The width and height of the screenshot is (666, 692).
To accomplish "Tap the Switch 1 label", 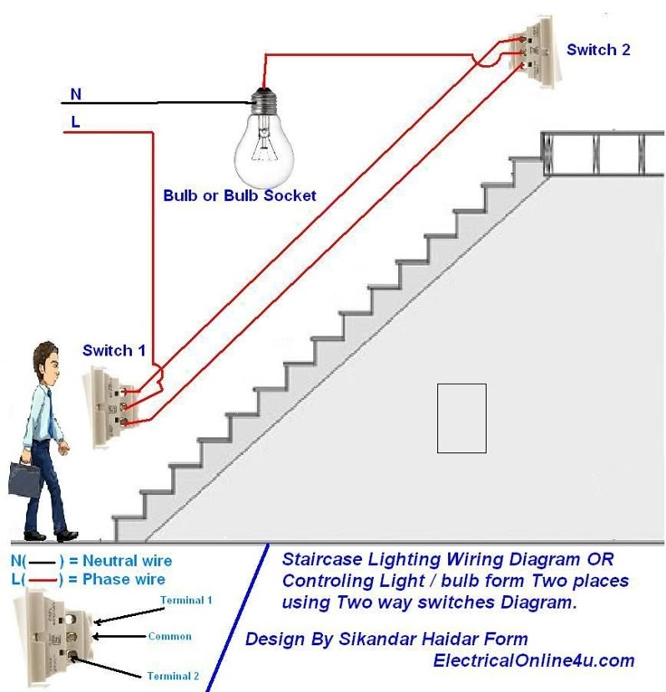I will coord(114,350).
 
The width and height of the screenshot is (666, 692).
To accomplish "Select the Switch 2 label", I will coord(598,50).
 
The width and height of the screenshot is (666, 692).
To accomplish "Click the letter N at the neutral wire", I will coord(76,93).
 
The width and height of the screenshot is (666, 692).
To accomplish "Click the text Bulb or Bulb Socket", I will coord(240,195).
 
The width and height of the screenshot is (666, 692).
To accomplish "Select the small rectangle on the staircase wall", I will coord(461,418).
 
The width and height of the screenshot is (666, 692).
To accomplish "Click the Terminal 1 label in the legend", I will coord(186,601).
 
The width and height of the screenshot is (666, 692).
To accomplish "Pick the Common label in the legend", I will coord(170,636).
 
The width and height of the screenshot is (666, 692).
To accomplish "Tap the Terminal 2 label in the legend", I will coord(175,676).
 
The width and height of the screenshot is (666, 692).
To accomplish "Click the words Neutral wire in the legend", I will coord(128,562).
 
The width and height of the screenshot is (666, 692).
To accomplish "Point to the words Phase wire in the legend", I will coord(123,579).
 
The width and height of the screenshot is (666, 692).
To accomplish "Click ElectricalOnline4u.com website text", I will coord(534,660).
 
